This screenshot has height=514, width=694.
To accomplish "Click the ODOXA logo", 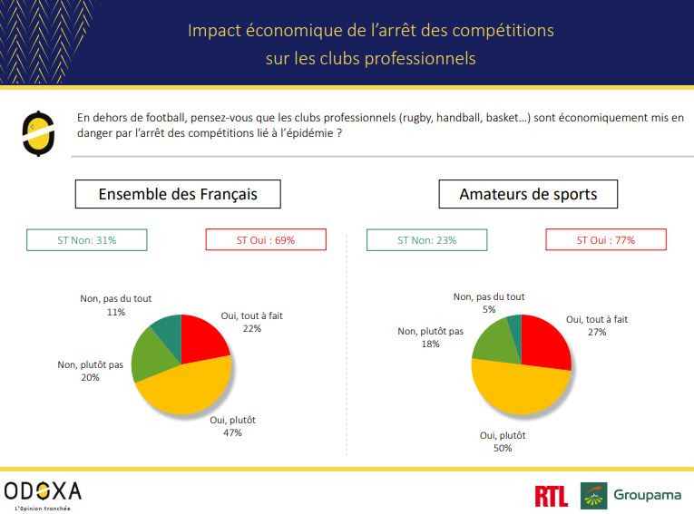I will coord(43,493).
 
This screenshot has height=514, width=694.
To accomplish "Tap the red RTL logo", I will coord(552,495).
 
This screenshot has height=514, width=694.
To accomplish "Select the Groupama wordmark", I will coord(647,495).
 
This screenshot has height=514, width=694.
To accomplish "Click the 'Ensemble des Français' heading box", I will coord(178,194).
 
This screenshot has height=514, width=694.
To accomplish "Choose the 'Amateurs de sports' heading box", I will coord(527,194).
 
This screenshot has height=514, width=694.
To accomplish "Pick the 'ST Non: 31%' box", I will coord(87,240).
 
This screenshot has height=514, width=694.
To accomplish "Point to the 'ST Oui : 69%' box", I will coord(266,240).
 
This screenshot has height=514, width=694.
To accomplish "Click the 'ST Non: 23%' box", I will coord(426,240).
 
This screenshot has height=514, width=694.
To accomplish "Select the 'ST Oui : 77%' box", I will coord(606,240).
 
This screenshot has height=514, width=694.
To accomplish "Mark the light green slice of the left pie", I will coord(148,358).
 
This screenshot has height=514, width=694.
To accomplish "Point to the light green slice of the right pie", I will coord(491,342).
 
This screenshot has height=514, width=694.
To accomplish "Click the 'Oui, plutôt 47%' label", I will coord(232,426).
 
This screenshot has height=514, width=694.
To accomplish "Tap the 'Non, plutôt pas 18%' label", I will coord(430,337).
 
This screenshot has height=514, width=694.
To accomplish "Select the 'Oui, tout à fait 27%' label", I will coord(597,325).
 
